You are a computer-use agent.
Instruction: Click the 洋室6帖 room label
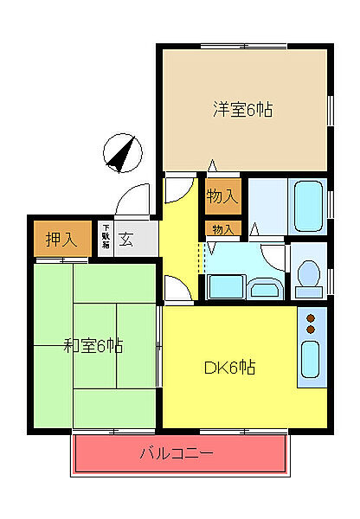pos(243,110)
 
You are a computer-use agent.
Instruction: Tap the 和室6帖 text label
pos(93,347)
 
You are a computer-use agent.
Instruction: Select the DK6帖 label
pos(229,367)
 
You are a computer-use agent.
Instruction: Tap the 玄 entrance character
pos(126,240)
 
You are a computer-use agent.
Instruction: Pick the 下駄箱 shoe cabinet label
pos(105,236)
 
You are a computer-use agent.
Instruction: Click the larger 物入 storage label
pos(222,195)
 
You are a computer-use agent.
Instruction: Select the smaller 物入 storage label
pos(222,229)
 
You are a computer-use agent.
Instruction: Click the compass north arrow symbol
pos(122,155)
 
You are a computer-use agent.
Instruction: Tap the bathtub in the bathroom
pos(308,205)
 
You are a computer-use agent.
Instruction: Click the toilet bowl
pos(307,274)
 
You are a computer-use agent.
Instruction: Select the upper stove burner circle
pos(310,319)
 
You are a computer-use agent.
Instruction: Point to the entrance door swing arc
pos(134,199)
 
